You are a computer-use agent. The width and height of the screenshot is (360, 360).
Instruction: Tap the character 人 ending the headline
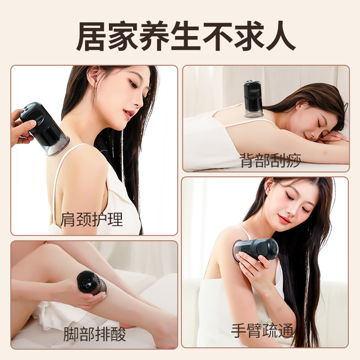(x=281, y=36)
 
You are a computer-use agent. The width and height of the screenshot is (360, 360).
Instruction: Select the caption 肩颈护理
(x=92, y=220)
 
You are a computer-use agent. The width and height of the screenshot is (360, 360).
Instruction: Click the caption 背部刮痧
(x=270, y=161)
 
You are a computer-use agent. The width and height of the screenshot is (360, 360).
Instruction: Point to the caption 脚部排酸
(x=94, y=334)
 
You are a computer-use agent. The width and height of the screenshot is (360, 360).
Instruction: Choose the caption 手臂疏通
(x=262, y=331)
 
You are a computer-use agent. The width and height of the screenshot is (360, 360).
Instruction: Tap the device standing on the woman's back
(x=253, y=99)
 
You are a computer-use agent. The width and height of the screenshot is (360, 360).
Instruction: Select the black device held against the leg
(x=91, y=283)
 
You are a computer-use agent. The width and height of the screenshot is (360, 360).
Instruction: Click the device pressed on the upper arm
(x=255, y=250)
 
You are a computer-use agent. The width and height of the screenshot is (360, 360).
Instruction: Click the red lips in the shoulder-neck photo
(x=129, y=114)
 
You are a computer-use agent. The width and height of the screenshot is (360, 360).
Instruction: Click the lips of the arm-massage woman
(x=284, y=220)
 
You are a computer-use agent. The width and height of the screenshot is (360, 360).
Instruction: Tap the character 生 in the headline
(x=186, y=36)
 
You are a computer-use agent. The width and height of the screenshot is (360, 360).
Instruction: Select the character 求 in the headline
(x=249, y=36)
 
